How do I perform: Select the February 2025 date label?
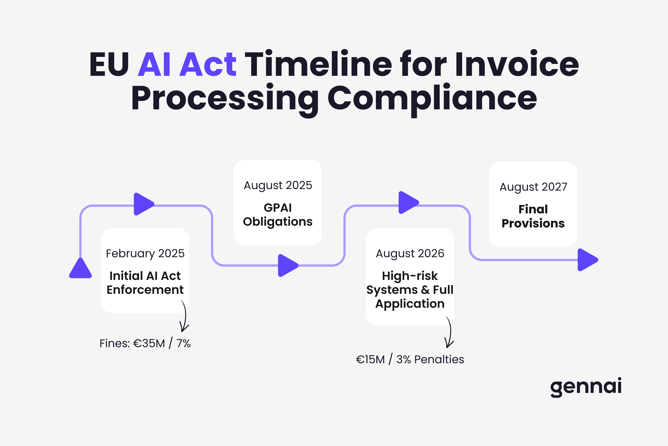(x=145, y=253)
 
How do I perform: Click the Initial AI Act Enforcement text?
(x=145, y=283)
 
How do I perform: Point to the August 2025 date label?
(x=278, y=185)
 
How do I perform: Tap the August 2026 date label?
(x=410, y=253)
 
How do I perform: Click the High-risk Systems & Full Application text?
(x=410, y=290)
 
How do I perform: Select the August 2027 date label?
(x=533, y=187)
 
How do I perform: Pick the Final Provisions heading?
(x=533, y=216)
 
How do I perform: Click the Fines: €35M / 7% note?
(x=145, y=343)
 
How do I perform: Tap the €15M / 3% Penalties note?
(x=410, y=359)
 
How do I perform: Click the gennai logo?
(x=586, y=387)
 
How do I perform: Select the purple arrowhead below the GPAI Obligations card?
(x=287, y=265)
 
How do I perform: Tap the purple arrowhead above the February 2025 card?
(x=143, y=204)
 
